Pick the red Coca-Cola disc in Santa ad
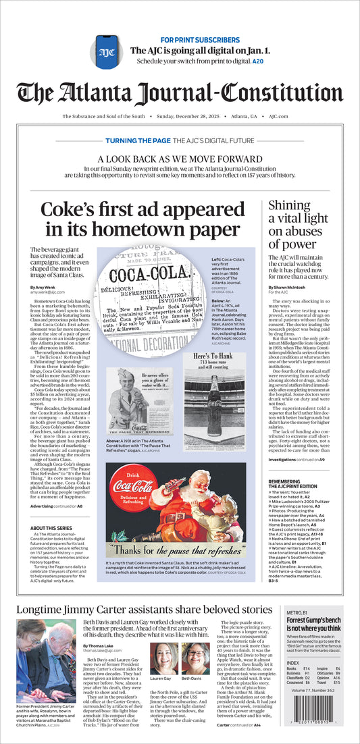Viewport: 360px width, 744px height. click(134, 489)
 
